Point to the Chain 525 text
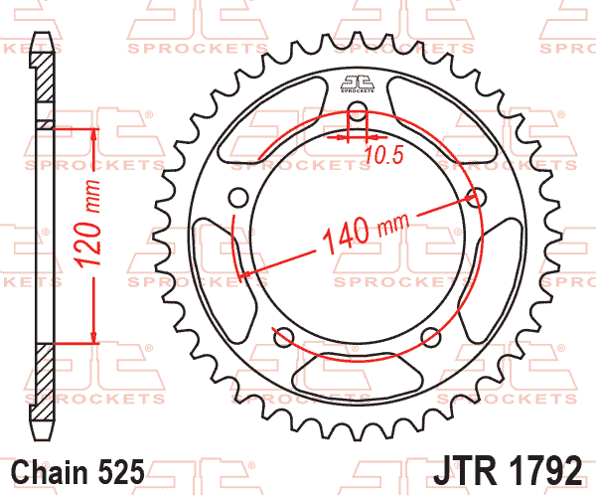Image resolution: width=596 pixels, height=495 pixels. pyautogui.click(x=78, y=470)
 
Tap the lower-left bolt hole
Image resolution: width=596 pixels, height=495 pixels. pyautogui.click(x=283, y=335)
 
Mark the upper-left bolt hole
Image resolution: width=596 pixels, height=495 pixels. pyautogui.click(x=237, y=195)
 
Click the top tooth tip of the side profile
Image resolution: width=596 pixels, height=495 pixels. pyautogui.click(x=41, y=38)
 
